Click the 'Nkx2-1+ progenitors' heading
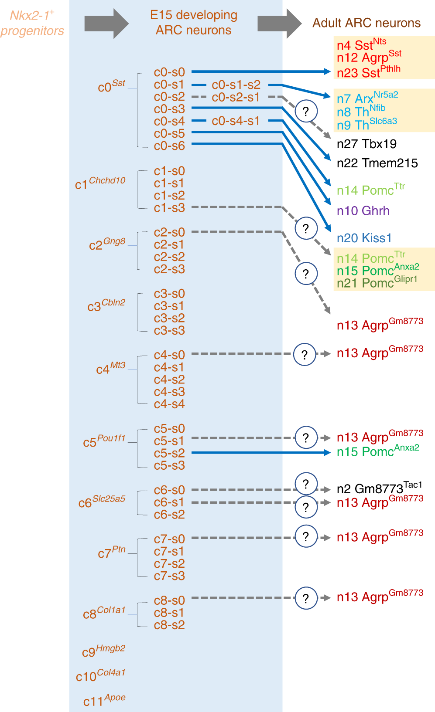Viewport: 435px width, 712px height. coord(32,23)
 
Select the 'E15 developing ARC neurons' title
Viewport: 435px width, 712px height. coord(194,22)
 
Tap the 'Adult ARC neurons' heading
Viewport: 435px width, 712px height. coord(366,23)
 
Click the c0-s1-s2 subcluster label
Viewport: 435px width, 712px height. coord(236,85)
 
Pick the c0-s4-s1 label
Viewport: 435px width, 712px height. coord(236,121)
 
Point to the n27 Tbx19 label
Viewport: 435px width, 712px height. coord(366,144)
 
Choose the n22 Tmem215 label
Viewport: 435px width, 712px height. coord(377,163)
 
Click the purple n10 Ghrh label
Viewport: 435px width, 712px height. coord(363,211)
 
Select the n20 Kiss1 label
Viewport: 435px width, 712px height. coord(364,238)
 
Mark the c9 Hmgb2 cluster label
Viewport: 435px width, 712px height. coord(103,651)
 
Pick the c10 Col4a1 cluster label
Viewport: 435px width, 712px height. coord(100,675)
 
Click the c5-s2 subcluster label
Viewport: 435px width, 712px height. coord(169,453)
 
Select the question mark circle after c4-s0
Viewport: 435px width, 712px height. coord(305,354)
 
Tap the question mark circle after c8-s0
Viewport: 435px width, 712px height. coord(306,598)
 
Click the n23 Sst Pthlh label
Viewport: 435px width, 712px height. coord(368,72)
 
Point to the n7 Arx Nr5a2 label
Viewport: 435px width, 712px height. coord(367,98)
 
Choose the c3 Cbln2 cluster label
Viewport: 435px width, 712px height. coord(106,305)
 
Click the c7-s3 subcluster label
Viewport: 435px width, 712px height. coord(169,576)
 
